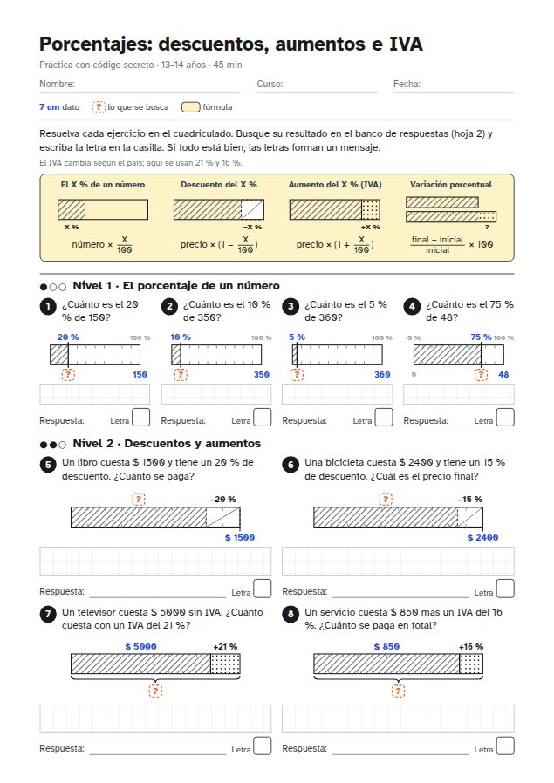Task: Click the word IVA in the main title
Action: tap(406, 44)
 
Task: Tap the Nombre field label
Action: tap(57, 84)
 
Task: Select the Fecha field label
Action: tap(407, 84)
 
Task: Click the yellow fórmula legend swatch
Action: tap(190, 107)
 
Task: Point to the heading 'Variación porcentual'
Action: tap(450, 184)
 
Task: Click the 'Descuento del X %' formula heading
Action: tap(219, 184)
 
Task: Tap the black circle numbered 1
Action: tap(48, 306)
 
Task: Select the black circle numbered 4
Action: tap(412, 306)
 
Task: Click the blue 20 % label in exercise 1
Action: tap(68, 337)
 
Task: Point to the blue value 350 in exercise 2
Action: tap(261, 375)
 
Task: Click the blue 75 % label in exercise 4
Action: tap(481, 337)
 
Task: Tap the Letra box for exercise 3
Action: tap(384, 418)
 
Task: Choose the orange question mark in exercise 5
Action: tap(139, 499)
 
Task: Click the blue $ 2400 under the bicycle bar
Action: tap(482, 537)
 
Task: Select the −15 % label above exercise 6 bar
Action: tap(469, 500)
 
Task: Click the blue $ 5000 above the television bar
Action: tap(140, 647)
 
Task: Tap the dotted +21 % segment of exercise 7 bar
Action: tap(225, 664)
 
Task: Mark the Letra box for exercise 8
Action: tap(505, 746)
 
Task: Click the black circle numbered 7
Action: tap(48, 614)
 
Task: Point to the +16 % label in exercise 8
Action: tap(471, 647)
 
